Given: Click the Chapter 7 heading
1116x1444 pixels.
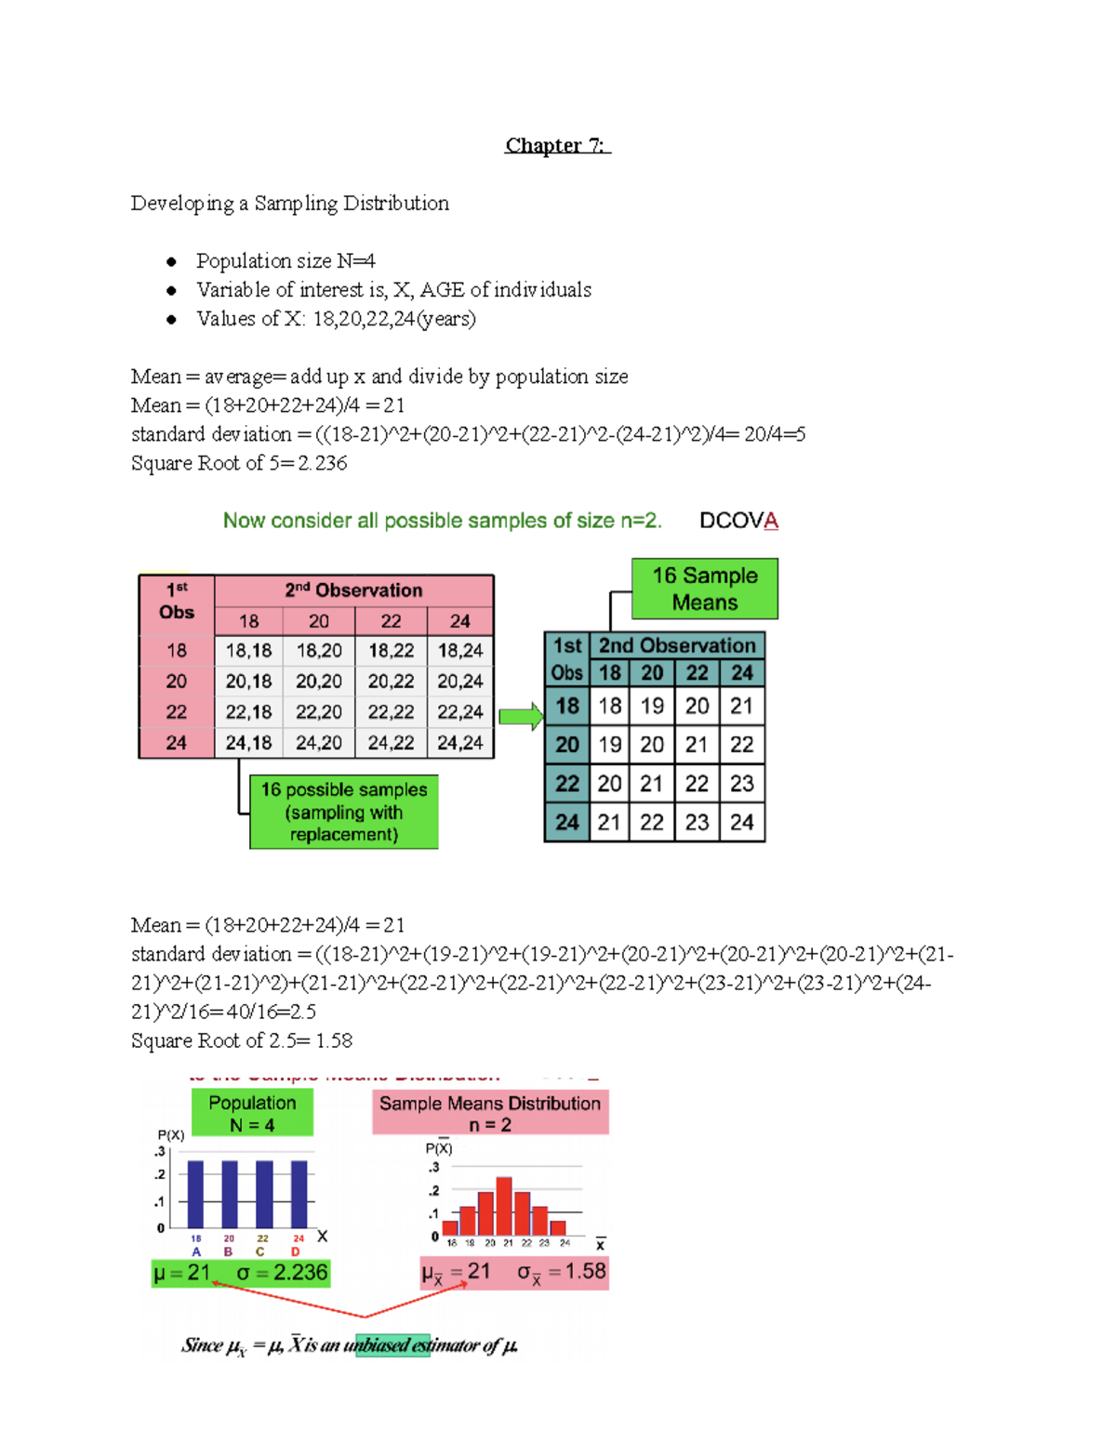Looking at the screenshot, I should click(557, 146).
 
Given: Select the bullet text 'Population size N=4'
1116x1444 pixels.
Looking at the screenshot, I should click(286, 261).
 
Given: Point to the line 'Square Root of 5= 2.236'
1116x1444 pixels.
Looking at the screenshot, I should click(239, 463).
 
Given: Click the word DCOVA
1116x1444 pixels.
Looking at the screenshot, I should click(738, 521).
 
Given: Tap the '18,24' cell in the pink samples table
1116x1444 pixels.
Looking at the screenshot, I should click(460, 651).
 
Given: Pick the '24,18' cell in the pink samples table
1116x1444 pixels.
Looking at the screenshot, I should click(249, 743).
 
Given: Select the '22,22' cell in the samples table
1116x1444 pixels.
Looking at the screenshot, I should click(391, 712).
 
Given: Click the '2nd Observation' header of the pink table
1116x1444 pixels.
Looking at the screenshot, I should click(353, 590).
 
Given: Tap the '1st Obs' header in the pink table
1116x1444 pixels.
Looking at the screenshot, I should click(177, 602).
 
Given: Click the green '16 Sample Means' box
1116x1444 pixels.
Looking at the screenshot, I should click(705, 589).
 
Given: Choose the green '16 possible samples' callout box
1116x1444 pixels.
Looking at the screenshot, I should click(344, 812).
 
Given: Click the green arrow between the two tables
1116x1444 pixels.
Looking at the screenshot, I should click(521, 717).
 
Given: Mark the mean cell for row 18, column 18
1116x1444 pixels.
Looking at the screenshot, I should click(610, 707).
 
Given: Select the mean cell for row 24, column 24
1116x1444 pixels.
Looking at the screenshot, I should click(741, 822).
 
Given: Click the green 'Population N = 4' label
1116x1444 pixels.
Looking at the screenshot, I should click(252, 1113).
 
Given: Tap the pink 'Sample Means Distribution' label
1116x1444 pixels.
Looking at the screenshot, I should click(490, 1113).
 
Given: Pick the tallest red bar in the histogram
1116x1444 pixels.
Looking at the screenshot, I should click(504, 1206).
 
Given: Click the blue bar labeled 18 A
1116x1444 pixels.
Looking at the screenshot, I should click(195, 1195).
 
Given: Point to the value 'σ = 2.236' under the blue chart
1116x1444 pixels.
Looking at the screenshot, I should click(282, 1273).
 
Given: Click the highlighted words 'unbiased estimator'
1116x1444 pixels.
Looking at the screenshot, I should click(392, 1345).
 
